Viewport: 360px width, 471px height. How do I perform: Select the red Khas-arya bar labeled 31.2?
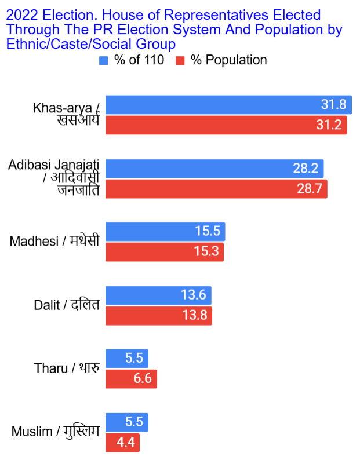coord(226,125)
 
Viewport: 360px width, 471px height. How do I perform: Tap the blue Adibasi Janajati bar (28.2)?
coord(214,169)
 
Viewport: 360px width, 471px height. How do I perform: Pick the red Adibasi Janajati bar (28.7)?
coord(216,189)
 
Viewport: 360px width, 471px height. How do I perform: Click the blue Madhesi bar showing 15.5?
coord(165,232)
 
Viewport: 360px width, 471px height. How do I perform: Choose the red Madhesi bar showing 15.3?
coord(165,252)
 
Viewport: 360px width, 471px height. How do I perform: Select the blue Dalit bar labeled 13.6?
coord(158,295)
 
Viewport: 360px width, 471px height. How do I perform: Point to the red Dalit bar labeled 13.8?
coord(159,316)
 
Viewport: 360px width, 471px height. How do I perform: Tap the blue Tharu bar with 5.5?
coord(127,359)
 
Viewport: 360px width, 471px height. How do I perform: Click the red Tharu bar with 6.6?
coord(131,379)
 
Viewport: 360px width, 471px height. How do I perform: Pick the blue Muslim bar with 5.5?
coord(127,422)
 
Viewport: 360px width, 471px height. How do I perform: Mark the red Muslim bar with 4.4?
coord(122,443)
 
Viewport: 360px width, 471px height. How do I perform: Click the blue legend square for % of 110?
coord(104,60)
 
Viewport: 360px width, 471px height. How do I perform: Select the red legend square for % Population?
coord(180,60)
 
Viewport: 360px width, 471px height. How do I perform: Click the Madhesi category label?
coord(54,242)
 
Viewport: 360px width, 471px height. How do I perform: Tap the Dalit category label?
coord(66,305)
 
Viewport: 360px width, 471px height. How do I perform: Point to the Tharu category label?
coord(67,368)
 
